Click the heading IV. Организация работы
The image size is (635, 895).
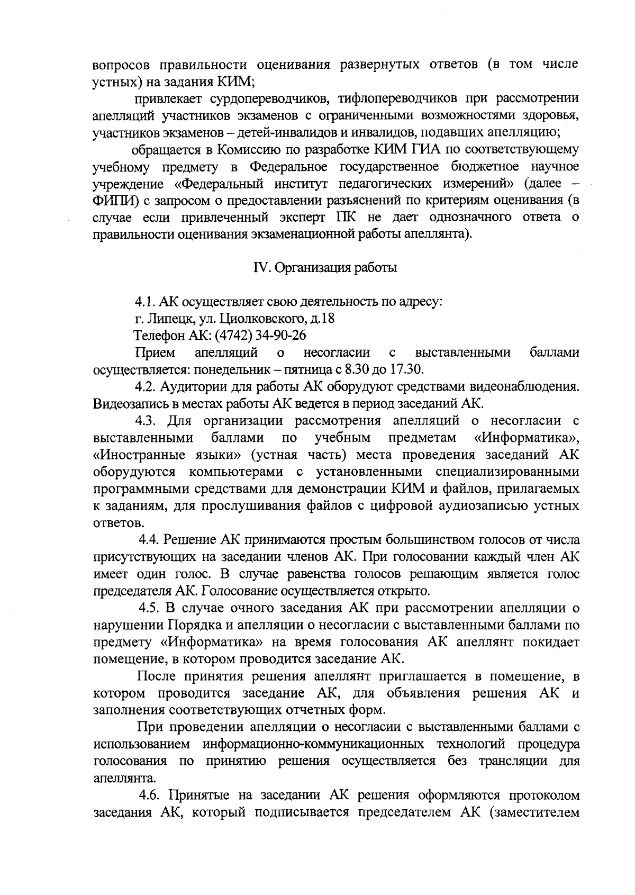pos(325,268)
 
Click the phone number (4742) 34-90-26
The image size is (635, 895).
pos(257,336)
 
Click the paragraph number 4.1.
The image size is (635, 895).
pos(144,302)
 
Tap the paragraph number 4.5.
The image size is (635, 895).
pos(149,607)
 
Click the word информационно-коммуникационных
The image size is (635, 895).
pos(313,745)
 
